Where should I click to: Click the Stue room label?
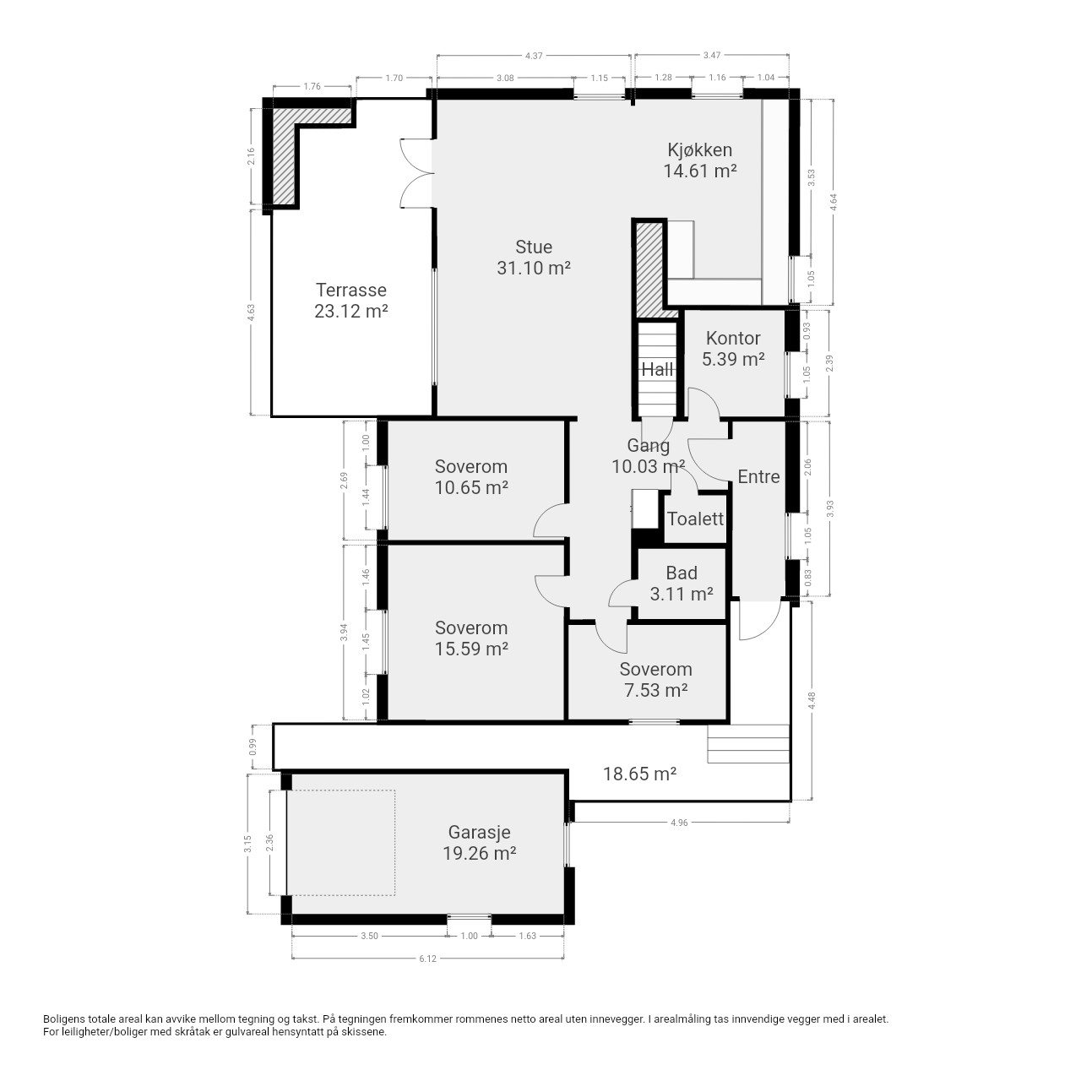tap(534, 258)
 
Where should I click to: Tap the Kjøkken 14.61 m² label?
tap(699, 160)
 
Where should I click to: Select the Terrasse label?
tap(351, 300)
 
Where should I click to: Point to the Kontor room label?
tap(733, 348)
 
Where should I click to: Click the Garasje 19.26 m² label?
tap(479, 843)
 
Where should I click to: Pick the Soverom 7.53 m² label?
tap(656, 679)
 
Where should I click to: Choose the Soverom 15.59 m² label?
tap(471, 638)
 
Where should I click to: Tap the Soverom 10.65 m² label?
tap(471, 477)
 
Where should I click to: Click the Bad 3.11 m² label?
tap(682, 583)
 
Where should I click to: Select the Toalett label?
tap(696, 519)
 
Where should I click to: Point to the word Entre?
tap(758, 477)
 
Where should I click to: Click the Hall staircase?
tap(656, 369)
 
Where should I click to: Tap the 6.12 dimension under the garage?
tap(427, 959)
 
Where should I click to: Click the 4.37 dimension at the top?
tap(534, 56)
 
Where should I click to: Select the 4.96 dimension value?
tap(679, 823)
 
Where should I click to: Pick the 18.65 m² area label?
tap(639, 774)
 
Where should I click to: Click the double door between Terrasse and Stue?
tap(417, 173)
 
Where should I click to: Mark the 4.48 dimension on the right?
tap(812, 701)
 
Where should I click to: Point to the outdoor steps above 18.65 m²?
tap(748, 744)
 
